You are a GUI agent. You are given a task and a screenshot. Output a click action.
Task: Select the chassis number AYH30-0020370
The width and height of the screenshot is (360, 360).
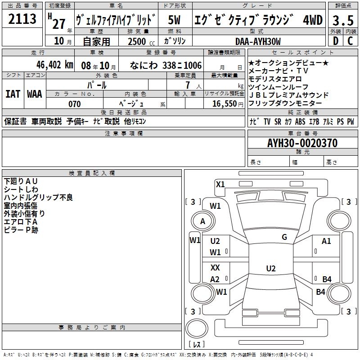(x=302, y=143)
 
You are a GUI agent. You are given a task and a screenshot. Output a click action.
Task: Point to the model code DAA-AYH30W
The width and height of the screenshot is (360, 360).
(x=258, y=41)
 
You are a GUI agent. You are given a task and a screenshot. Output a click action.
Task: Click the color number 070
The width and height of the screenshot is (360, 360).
(x=74, y=104)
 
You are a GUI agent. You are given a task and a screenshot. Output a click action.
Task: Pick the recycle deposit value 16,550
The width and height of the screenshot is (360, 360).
(x=224, y=104)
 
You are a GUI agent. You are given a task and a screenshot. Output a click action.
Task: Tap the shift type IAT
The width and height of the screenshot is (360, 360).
(x=13, y=94)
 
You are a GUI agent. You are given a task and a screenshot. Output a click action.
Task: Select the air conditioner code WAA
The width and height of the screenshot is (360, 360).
(x=34, y=94)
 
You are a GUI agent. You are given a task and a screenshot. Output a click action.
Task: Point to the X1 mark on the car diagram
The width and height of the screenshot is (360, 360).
(x=220, y=184)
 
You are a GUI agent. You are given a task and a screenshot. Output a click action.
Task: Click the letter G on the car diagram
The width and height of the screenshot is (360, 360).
(x=284, y=237)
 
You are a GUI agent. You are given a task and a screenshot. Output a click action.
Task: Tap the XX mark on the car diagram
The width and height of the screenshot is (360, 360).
(x=216, y=268)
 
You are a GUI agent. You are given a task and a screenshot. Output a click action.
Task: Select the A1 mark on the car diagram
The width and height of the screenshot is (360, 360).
(x=326, y=241)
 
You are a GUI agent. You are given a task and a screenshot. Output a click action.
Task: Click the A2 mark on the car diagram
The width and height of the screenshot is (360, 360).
(x=215, y=279)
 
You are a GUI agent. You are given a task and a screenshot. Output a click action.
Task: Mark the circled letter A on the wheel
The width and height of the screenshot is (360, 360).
(x=202, y=221)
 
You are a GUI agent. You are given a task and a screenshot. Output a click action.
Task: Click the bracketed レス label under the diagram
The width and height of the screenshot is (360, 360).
(x=196, y=345)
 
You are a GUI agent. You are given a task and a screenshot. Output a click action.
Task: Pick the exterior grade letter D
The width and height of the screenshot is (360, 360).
(x=335, y=41)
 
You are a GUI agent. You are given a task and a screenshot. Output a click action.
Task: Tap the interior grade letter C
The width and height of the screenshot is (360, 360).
(x=350, y=41)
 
